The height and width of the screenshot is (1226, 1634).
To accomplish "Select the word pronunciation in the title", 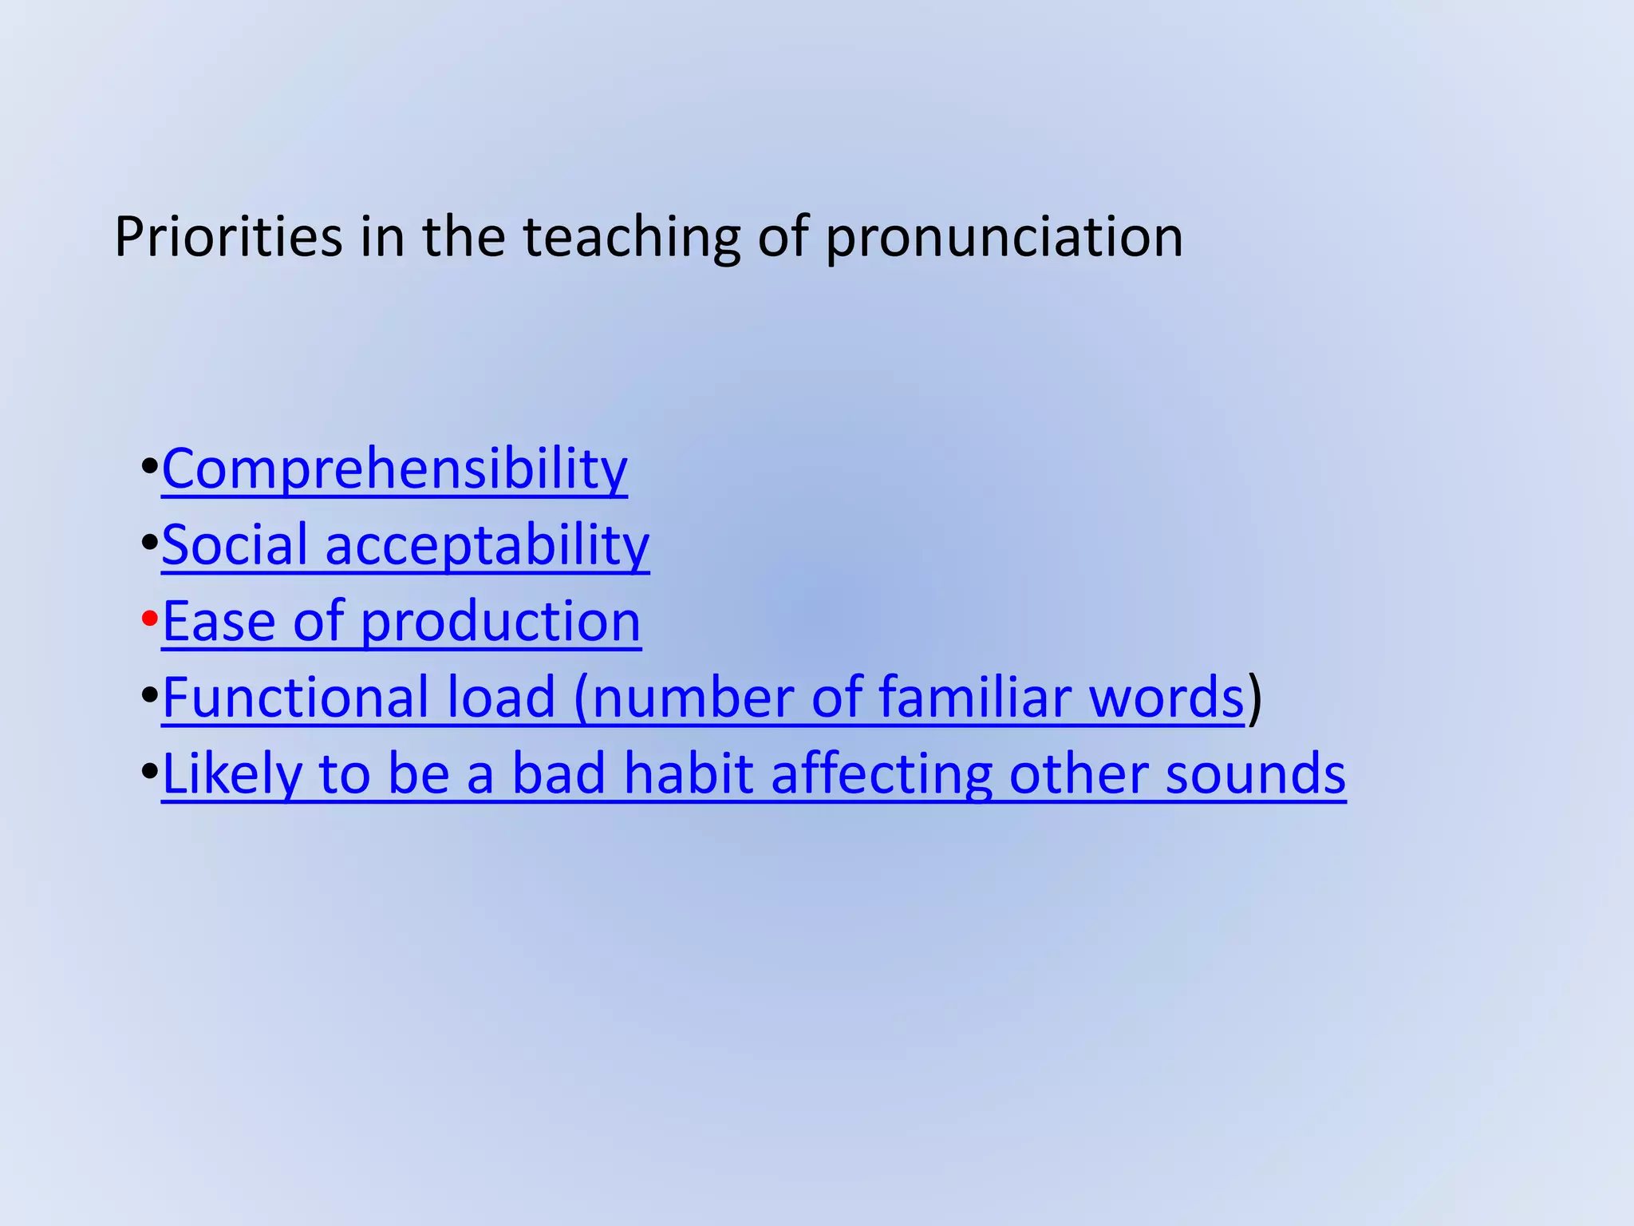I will (x=1004, y=238).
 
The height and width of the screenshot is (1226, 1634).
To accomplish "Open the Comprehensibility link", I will (x=394, y=469).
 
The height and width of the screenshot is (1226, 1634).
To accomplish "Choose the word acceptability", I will (x=487, y=546).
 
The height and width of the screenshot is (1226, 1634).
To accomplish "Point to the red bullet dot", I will (x=149, y=619).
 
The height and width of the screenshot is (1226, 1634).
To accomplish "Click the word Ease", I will (x=219, y=621).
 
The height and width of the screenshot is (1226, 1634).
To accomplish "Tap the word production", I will (x=500, y=623).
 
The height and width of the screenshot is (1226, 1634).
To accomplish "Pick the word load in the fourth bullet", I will (x=500, y=697).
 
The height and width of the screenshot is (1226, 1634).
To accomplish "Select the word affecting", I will (x=882, y=774).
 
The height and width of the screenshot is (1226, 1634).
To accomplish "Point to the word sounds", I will (x=1255, y=774).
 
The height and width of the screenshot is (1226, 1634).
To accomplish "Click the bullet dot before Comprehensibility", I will (x=149, y=467).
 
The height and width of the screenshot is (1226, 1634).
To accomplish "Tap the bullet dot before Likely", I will (x=149, y=773).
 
